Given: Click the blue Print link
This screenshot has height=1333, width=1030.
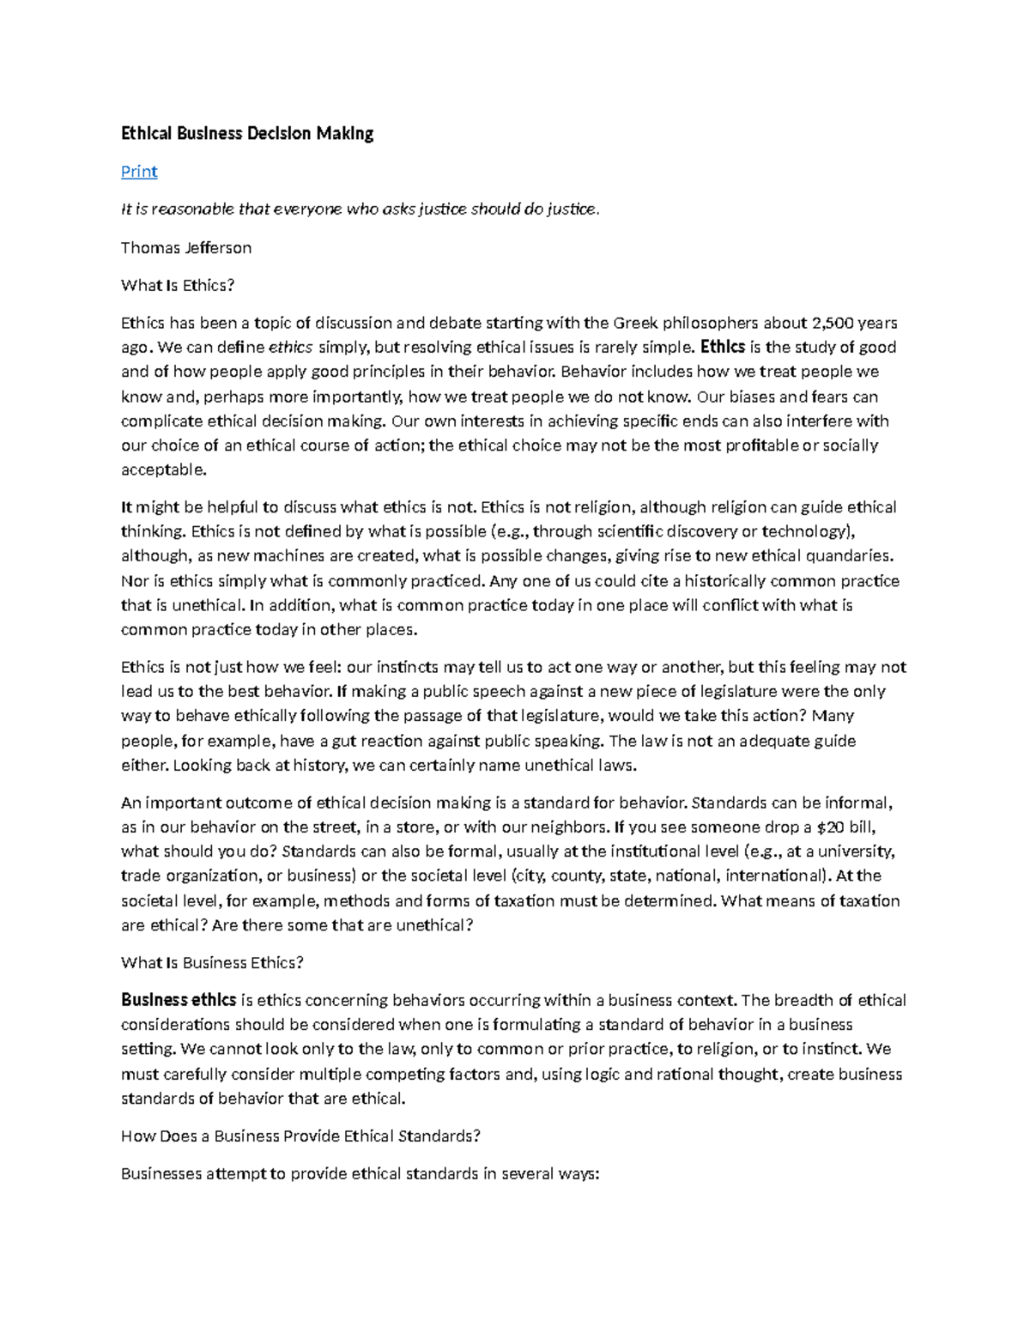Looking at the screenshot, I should point(139,172).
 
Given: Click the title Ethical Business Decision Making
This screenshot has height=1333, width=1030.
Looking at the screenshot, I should point(247,134).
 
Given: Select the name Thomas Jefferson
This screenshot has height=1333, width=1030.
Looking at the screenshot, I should point(186,248).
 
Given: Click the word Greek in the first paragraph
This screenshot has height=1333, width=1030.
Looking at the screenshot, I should point(635,324).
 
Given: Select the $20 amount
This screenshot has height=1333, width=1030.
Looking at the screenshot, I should point(829,827).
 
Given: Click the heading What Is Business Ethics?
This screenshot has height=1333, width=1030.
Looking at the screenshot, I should point(212,963).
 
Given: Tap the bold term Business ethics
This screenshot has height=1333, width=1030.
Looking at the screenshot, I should point(179,1000).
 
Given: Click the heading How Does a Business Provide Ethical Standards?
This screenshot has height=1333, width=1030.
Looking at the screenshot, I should point(300,1136).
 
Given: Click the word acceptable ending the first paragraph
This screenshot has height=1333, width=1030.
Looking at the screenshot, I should point(162,470).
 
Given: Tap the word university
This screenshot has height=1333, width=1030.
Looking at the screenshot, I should point(857,851).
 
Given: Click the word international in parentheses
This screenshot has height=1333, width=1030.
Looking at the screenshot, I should point(774,876).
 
